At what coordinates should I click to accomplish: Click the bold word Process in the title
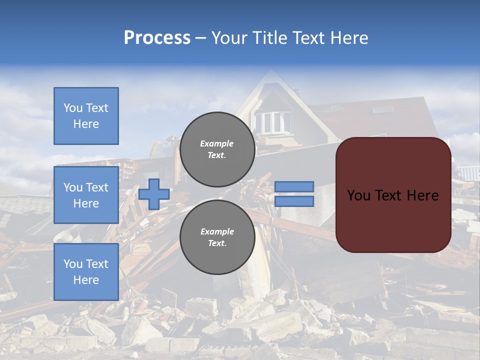point(157,38)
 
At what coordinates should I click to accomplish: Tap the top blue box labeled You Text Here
point(86,116)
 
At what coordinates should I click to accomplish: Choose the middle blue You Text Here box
point(86,195)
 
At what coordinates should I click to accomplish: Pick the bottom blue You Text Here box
point(86,272)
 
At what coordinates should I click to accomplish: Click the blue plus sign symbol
point(154,194)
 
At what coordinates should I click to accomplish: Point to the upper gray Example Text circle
point(217,149)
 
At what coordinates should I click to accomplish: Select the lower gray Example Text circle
point(217,237)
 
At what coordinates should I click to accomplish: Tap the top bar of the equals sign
point(294,186)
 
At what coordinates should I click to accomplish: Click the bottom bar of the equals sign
point(294,201)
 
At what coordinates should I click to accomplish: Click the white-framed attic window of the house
point(272,121)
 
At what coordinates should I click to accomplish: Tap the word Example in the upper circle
point(217,143)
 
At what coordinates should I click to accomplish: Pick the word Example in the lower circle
point(217,231)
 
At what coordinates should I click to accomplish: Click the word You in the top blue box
point(73,108)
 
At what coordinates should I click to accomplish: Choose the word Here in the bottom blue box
point(86,280)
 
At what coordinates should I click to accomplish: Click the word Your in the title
point(230,38)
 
